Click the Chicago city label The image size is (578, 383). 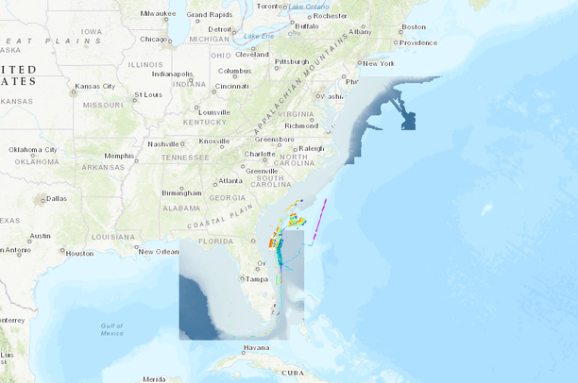(151, 39)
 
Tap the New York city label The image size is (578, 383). (377, 63)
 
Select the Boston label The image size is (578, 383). (414, 26)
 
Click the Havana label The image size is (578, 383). (255, 348)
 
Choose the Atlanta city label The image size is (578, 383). (229, 181)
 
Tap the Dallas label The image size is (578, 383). (56, 198)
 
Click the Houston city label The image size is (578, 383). (79, 253)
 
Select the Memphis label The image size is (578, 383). (119, 156)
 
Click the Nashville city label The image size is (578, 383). (162, 143)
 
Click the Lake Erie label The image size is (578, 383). (258, 37)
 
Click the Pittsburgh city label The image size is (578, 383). (291, 61)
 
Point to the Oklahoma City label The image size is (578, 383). (33, 149)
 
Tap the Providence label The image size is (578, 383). (417, 42)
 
